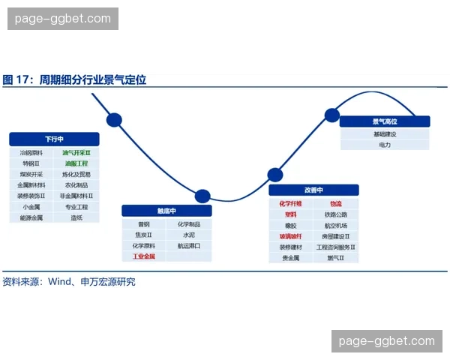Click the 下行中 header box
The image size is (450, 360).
pos(54,139)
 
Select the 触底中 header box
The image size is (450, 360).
pos(166,211)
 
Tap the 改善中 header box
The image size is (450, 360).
pos(313,190)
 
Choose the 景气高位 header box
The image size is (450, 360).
pos(385,121)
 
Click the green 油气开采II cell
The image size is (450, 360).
pos(76,152)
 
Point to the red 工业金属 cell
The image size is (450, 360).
pos(144,256)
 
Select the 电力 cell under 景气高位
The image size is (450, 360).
pos(385,144)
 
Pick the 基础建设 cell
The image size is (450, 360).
pos(385,133)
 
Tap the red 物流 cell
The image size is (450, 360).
pos(335,203)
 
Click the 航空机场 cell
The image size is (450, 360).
pos(335,225)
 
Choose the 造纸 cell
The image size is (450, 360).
pos(76,217)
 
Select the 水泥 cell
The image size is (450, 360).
pos(188,235)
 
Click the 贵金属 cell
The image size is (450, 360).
pos(291,258)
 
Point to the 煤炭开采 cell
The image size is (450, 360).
pos(32,174)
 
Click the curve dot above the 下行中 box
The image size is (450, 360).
pos(114,119)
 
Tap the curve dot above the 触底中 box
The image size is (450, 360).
pos(202,196)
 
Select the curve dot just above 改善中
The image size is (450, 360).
pos(274,175)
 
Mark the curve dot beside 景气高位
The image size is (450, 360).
pos(331,115)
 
